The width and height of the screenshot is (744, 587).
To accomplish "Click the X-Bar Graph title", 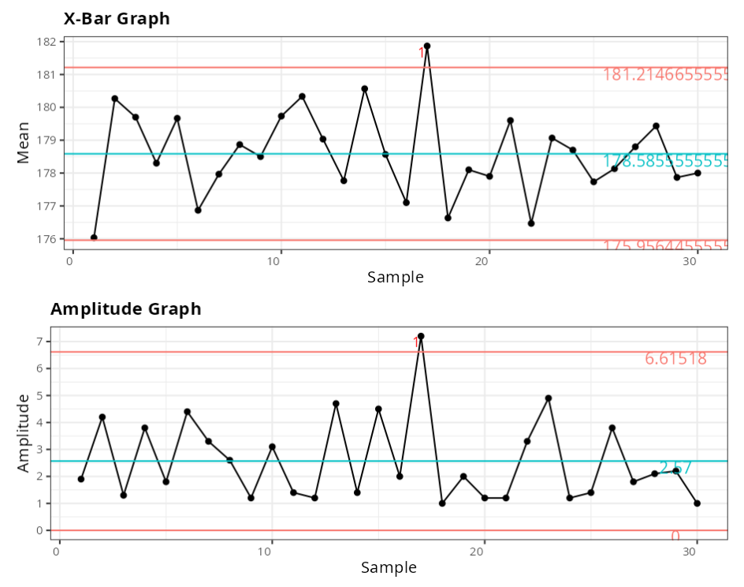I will (x=117, y=18).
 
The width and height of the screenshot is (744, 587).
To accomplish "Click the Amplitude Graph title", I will (x=126, y=309).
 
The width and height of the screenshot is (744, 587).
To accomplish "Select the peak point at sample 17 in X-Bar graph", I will (x=427, y=46).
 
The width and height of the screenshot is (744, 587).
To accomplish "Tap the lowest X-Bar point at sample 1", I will (x=94, y=237).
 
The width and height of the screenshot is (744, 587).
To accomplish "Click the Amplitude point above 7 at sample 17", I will (x=421, y=336).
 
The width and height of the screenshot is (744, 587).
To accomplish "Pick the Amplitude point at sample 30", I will (x=697, y=503).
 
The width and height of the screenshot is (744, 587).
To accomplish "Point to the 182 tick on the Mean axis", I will (x=48, y=42).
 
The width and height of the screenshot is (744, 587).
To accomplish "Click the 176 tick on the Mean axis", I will (x=48, y=239).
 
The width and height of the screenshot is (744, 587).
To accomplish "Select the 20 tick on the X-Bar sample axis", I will (x=487, y=261).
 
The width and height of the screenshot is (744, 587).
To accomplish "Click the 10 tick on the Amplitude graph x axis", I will (x=271, y=549).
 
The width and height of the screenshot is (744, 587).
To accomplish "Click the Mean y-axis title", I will (x=23, y=142).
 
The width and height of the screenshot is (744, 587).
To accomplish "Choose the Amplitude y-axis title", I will (x=23, y=432).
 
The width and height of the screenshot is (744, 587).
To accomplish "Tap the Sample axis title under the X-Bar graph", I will (x=395, y=277).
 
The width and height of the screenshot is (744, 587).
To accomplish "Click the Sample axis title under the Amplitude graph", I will (x=389, y=567).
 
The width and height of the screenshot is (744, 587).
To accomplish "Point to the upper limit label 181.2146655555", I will (x=665, y=75).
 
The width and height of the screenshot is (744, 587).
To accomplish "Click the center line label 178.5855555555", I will (x=665, y=162).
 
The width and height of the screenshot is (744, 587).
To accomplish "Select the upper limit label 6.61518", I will (x=675, y=359).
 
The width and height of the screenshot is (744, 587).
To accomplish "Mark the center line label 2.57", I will (x=675, y=468).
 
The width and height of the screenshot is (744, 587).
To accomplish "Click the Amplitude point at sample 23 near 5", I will (x=549, y=398).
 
